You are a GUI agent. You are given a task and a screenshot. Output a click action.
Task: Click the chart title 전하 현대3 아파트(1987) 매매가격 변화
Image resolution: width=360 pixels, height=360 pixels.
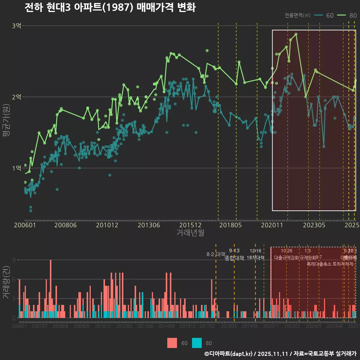point(109,8)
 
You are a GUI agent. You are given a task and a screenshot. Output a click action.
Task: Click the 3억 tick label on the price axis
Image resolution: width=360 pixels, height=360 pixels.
point(17,26)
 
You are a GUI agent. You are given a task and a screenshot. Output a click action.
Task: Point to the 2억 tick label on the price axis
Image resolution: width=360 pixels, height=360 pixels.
point(17,97)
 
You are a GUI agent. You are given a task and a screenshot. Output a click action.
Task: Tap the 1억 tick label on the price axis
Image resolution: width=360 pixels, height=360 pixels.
point(17,168)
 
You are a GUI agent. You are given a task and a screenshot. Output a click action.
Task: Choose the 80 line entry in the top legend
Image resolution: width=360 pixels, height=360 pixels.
point(347,15)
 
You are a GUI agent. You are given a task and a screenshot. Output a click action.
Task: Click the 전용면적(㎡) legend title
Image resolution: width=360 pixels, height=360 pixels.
point(297,15)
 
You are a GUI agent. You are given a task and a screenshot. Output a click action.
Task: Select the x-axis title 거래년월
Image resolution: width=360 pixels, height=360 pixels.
point(190,233)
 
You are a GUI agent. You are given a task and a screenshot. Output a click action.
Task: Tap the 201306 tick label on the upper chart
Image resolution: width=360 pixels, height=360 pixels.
point(149,225)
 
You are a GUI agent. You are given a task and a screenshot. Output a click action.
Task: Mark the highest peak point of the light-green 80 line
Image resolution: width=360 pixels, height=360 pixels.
point(296,34)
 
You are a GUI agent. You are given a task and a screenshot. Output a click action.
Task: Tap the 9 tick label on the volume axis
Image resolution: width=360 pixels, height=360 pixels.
point(13,260)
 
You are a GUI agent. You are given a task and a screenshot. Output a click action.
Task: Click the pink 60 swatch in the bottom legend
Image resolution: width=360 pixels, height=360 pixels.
point(172,343)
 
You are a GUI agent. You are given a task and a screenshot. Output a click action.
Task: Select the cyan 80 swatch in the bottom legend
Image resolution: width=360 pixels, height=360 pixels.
point(196,343)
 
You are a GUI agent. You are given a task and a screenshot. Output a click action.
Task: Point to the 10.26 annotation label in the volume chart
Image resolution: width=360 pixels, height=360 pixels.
point(286,251)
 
